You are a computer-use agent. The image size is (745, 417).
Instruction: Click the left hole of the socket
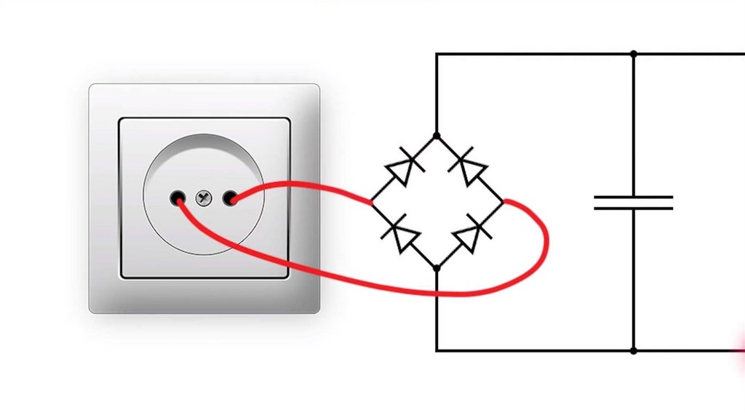point(178,197)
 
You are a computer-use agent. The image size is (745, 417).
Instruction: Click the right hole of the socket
point(231,197)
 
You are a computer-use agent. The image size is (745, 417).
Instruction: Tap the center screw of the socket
point(204,197)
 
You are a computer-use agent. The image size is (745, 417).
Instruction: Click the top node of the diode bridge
point(437,136)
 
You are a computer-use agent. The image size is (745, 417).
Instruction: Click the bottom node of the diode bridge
point(437,268)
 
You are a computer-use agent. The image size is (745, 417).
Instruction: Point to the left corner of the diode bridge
point(372,202)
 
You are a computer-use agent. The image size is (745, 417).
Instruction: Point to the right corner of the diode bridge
point(503,202)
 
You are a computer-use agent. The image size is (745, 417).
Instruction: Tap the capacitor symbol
point(634,203)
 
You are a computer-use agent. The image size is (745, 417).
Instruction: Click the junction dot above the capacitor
point(634,54)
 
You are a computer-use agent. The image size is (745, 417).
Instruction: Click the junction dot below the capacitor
point(634,351)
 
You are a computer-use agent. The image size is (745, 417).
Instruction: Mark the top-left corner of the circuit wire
point(437,54)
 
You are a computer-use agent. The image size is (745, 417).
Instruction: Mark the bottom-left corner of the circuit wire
point(437,351)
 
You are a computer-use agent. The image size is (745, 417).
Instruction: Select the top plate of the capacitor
point(634,197)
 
